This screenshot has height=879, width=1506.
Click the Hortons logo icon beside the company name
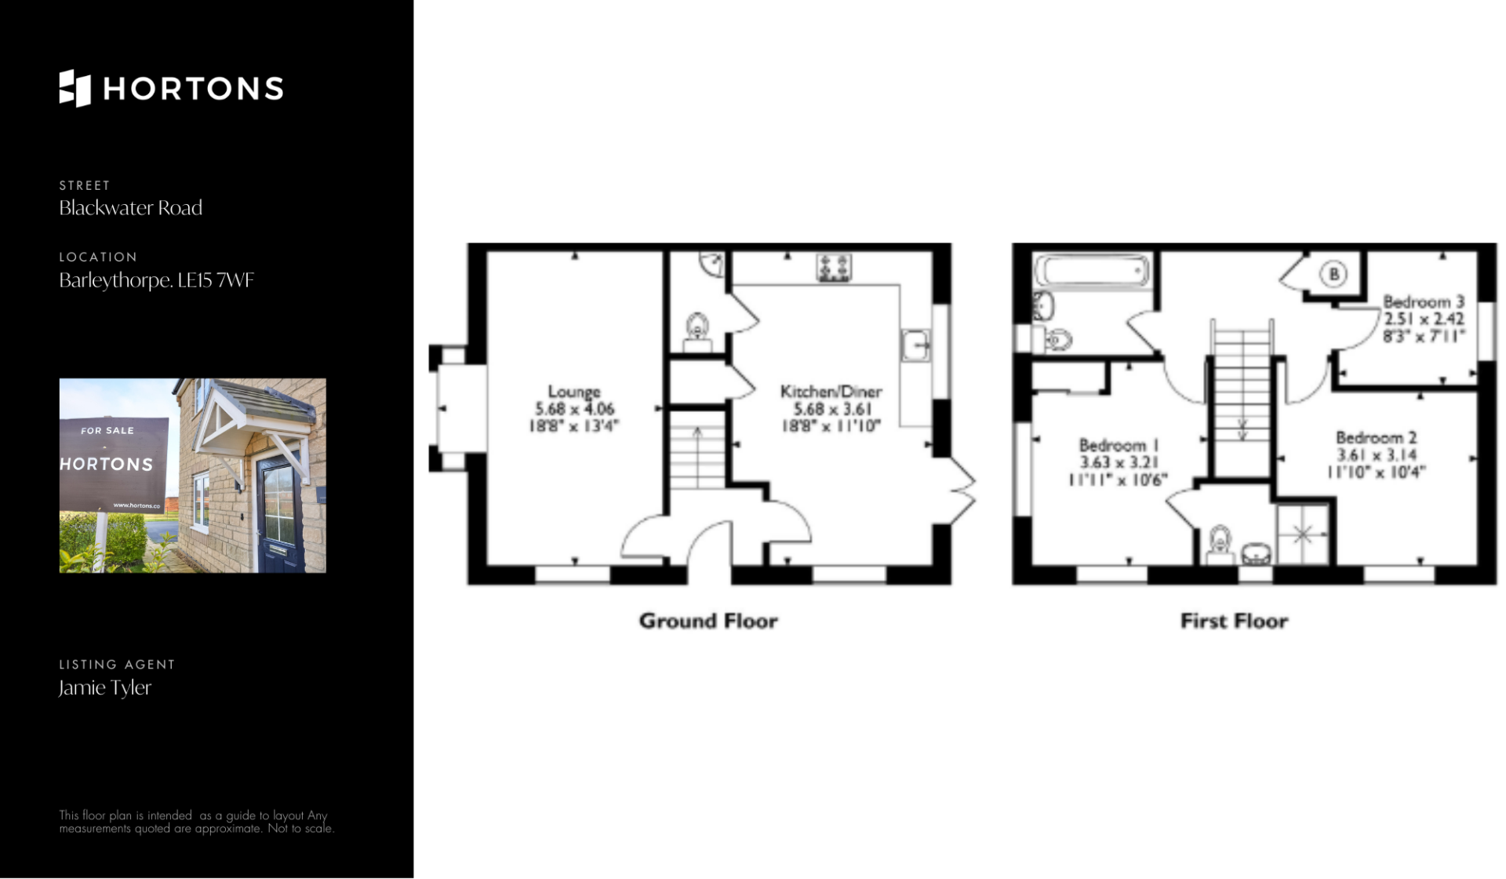(x=75, y=88)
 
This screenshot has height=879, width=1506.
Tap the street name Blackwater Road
(x=131, y=208)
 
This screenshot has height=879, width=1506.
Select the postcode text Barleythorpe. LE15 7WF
(x=157, y=280)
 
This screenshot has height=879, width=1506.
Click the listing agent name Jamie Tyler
(x=105, y=688)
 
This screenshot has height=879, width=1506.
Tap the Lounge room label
(x=574, y=391)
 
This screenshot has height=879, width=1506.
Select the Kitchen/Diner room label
(x=831, y=391)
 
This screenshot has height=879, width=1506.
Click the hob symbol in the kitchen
(x=834, y=268)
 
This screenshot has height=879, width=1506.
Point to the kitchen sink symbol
(x=916, y=345)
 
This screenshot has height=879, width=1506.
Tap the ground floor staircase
(x=697, y=450)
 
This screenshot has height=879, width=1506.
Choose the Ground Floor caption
(x=708, y=621)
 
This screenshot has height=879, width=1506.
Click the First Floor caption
(x=1235, y=621)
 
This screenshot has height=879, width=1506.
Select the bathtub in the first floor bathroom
(x=1093, y=271)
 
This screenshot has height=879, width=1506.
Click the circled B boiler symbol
(x=1333, y=274)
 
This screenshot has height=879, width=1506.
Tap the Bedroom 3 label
(x=1424, y=301)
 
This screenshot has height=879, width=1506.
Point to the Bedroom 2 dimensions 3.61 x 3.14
(x=1377, y=454)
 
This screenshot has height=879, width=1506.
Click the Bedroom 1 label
(x=1119, y=445)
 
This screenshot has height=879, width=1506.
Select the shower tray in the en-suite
(x=1303, y=534)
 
